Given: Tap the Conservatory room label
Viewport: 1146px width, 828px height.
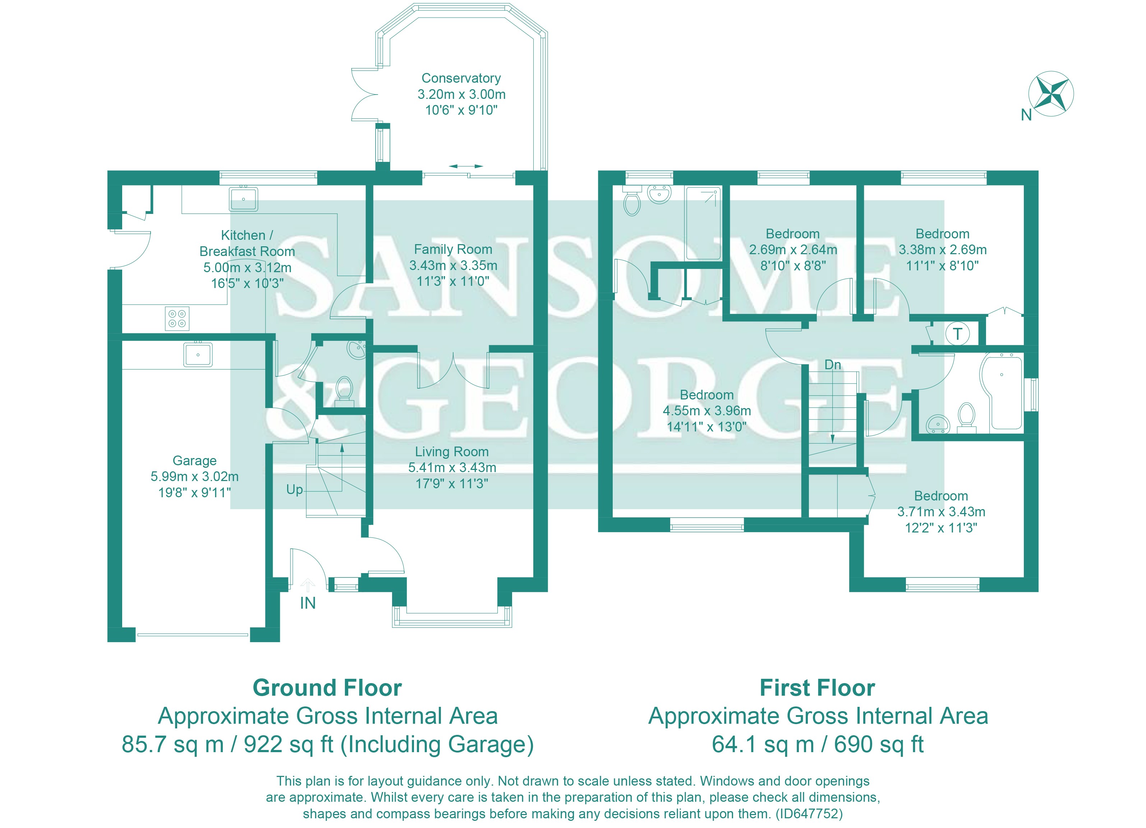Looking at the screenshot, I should tap(461, 78).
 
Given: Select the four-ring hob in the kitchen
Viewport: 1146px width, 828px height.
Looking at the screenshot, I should tap(177, 319).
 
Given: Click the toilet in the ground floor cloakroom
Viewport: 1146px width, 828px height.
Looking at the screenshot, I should tap(345, 388).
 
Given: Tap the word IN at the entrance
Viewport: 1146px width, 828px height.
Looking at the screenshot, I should tap(308, 603).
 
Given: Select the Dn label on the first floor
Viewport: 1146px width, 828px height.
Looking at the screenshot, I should tap(833, 365).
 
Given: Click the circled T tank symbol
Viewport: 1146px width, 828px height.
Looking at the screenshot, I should tap(957, 334).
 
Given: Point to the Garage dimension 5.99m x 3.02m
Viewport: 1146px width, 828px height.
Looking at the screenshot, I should tap(194, 476).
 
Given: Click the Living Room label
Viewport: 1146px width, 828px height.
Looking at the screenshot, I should tap(452, 452).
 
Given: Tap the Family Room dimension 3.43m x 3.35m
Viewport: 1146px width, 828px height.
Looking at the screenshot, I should tap(453, 265).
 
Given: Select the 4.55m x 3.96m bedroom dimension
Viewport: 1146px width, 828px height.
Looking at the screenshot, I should tap(707, 411).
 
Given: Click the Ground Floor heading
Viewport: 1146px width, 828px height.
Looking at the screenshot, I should tap(327, 687).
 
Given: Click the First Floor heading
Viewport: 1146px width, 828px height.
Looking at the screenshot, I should tap(817, 687).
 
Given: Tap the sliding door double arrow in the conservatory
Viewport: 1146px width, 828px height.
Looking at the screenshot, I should tap(465, 166).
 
